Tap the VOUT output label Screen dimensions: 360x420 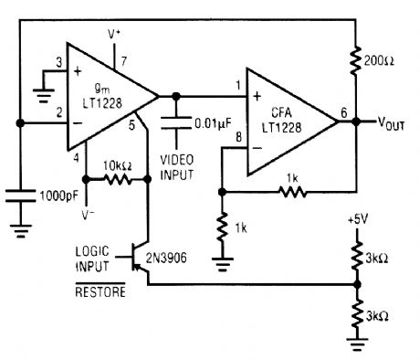pos(389,122)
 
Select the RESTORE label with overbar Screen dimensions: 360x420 pos(99,293)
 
